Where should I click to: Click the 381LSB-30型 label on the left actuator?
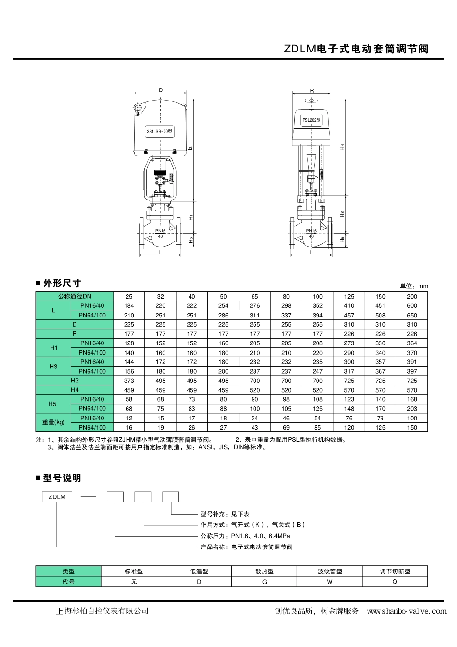[x=159, y=131]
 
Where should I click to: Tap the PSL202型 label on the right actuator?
[x=311, y=120]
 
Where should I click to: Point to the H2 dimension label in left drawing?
[x=190, y=150]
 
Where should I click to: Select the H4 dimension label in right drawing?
[x=343, y=147]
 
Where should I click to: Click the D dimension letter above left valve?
[x=161, y=90]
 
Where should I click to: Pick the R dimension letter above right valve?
[x=312, y=91]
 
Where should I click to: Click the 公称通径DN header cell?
[x=75, y=296]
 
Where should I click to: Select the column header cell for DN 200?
[x=412, y=296]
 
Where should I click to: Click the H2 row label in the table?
[x=75, y=381]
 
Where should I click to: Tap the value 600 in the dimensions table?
[x=412, y=305]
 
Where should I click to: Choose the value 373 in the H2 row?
[x=129, y=381]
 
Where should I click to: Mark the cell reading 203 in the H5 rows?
[x=412, y=409]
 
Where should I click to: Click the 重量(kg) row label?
[x=53, y=422]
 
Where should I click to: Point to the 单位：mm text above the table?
[x=414, y=286]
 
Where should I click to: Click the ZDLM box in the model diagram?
[x=57, y=497]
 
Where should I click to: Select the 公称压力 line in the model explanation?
[x=245, y=536]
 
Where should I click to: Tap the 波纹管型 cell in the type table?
[x=330, y=571]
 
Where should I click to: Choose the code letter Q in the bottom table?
[x=395, y=582]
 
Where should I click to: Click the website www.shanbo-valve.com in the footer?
[x=406, y=611]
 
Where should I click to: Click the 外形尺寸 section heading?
[x=62, y=283]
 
